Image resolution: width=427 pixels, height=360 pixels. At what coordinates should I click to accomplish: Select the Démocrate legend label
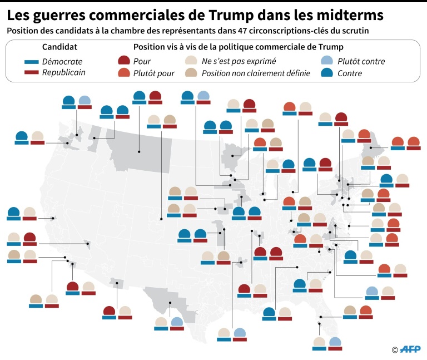pyautogui.click(x=62, y=61)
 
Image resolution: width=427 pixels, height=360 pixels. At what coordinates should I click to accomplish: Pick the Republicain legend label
pyautogui.click(x=64, y=72)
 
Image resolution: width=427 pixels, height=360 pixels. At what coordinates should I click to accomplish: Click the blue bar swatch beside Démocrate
pyautogui.click(x=32, y=62)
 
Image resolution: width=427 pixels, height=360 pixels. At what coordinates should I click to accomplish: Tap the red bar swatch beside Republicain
pyautogui.click(x=32, y=73)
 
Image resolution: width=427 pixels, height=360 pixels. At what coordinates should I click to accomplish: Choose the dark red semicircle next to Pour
pyautogui.click(x=124, y=60)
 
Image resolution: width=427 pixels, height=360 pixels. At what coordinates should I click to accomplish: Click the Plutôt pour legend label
pyautogui.click(x=153, y=73)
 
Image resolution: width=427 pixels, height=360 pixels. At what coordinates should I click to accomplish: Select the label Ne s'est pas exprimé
pyautogui.click(x=239, y=61)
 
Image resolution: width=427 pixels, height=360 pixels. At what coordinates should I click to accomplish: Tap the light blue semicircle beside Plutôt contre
pyautogui.click(x=327, y=60)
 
